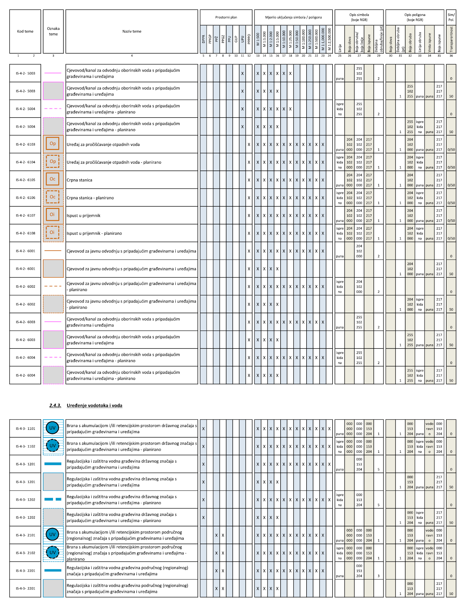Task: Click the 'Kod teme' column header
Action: pos(25,31)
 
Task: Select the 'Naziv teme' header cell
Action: pos(132,31)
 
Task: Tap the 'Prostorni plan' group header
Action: pos(226,17)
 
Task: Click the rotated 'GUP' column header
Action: pos(236,39)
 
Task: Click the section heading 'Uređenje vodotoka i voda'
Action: pos(94,406)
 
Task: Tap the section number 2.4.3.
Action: pos(55,406)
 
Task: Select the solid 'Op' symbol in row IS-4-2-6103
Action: pos(53,144)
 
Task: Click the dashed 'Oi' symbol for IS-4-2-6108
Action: pos(52,233)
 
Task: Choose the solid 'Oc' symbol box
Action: pos(53,179)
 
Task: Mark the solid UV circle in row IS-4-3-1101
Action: pos(52,428)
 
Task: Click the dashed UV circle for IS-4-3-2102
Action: pos(52,553)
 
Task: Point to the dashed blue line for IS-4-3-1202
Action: pos(53,499)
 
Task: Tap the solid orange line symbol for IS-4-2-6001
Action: pos(53,251)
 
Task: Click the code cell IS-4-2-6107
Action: pos(25,215)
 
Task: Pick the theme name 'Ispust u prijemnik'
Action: pos(83,215)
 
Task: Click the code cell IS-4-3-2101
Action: pos(25,535)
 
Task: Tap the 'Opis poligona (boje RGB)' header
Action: pos(415,17)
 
